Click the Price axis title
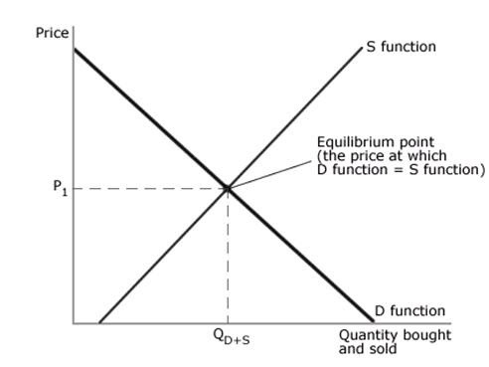tap(53, 33)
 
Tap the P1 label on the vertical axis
tap(59, 186)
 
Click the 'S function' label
tap(401, 47)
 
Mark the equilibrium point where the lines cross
tap(229, 187)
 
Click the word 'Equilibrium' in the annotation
tap(352, 142)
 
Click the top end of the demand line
tap(75, 49)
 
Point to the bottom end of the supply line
tap(99, 323)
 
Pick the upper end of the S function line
tap(362, 47)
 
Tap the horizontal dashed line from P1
tap(149, 187)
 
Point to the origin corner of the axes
tap(74, 323)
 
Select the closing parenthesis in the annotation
tap(482, 169)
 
